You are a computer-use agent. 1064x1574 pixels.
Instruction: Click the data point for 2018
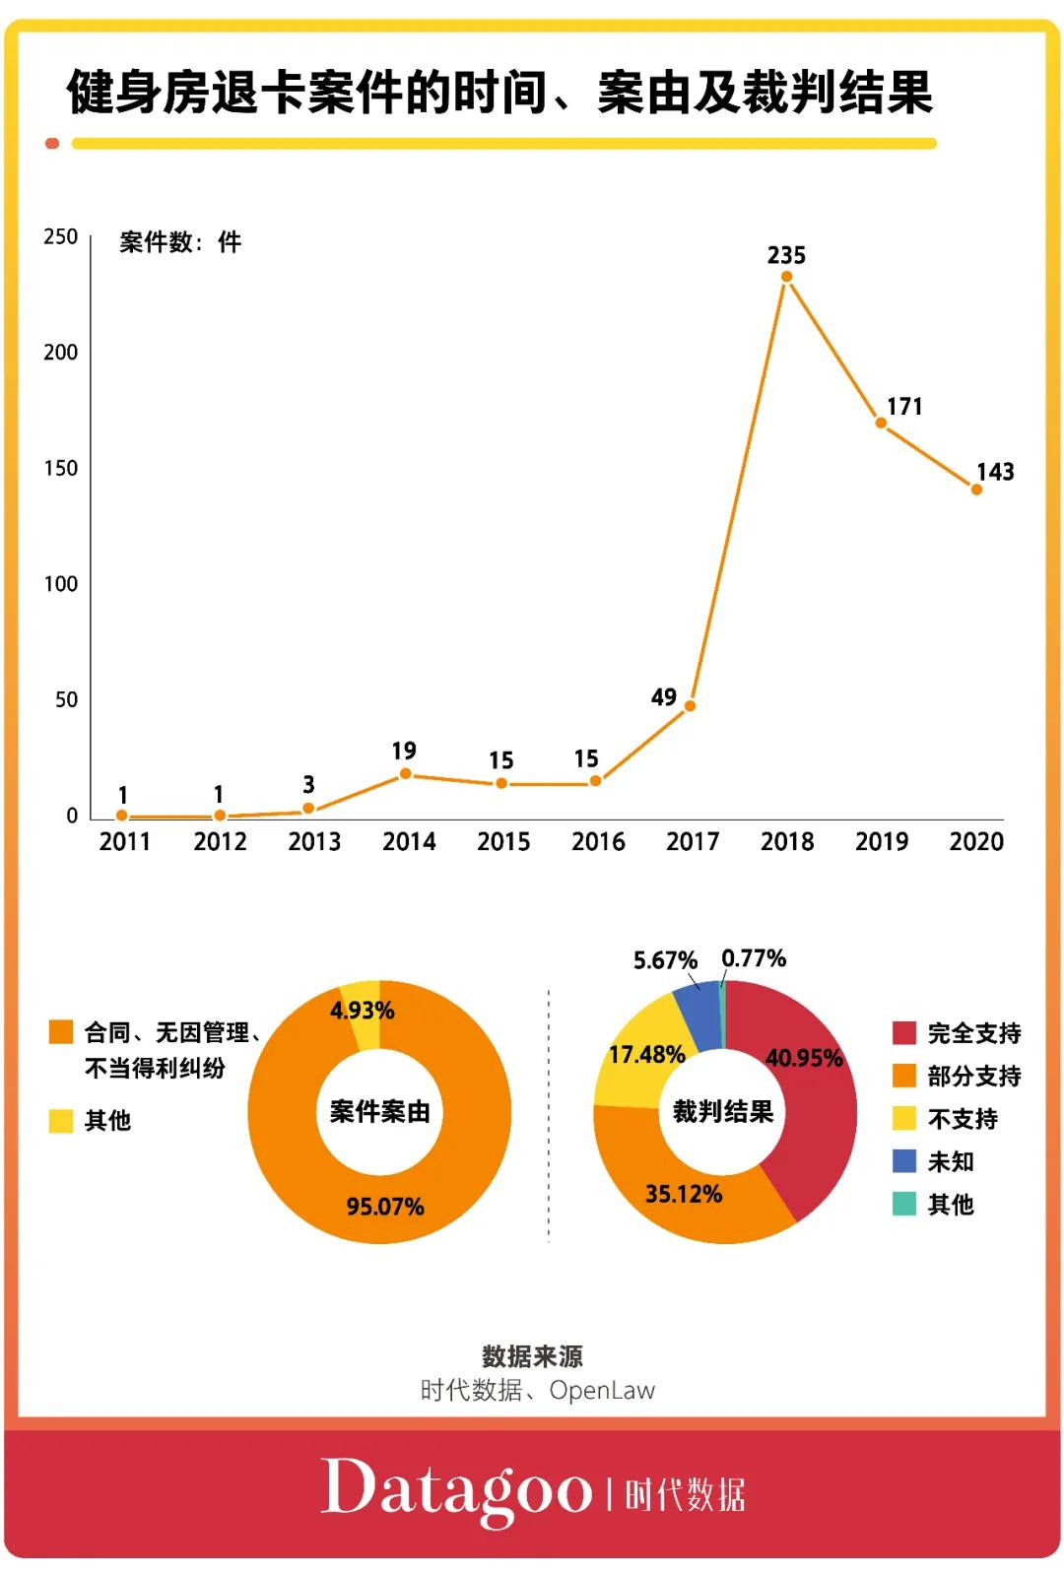786,277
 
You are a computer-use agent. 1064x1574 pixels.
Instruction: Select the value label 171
903,407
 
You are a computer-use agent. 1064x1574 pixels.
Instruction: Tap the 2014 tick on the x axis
409,842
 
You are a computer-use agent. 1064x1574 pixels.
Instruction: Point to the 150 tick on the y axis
60,469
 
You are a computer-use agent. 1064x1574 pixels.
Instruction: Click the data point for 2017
690,705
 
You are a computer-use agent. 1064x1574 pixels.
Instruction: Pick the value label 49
664,697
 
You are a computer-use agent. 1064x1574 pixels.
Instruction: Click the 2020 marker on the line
976,490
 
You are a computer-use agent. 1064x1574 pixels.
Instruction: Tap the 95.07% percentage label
385,1207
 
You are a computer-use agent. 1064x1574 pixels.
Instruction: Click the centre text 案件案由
379,1112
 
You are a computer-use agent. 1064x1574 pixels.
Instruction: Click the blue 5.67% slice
699,1013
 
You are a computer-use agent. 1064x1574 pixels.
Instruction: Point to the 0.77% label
754,958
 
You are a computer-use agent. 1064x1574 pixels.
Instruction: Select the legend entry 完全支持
972,1033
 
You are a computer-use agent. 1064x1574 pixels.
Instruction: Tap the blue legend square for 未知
903,1161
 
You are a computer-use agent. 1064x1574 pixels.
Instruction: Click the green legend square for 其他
903,1204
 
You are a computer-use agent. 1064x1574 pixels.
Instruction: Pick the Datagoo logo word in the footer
455,1490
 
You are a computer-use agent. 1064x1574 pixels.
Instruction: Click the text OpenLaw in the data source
602,1391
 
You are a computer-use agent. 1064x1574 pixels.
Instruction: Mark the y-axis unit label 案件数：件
180,242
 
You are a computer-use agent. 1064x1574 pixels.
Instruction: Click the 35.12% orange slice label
683,1194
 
